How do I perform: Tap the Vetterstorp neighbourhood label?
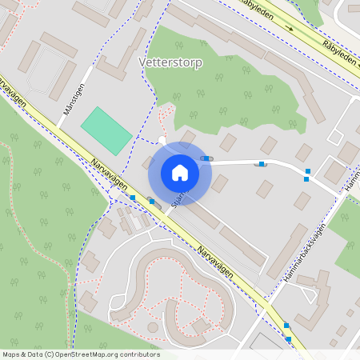pyautogui.click(x=170, y=62)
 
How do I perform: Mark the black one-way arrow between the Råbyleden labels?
pyautogui.click(x=290, y=27)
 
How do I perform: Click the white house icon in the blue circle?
pyautogui.click(x=180, y=173)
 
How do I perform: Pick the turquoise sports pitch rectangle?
pyautogui.click(x=106, y=130)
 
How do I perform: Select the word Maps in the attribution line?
pyautogui.click(x=11, y=354)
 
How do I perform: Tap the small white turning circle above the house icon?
pyautogui.click(x=162, y=141)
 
